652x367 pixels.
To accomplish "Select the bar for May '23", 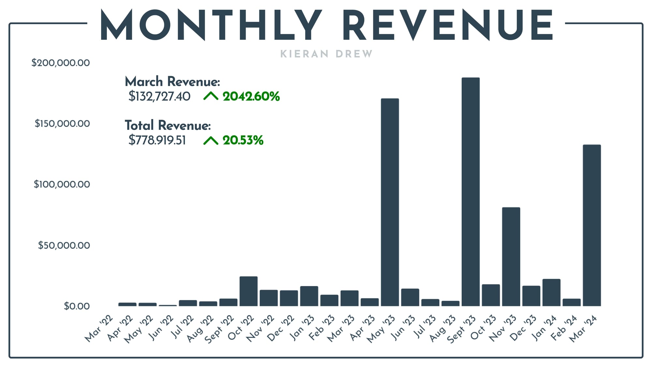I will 390,202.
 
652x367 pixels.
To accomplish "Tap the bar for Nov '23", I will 511,257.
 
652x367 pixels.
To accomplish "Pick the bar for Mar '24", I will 592,225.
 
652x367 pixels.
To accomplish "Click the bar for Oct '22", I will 248,291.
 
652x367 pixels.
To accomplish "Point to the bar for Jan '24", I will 551,293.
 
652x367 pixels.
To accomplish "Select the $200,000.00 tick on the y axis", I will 61,63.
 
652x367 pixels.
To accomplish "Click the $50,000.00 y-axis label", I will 64,245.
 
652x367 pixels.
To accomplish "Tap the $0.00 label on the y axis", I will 77,306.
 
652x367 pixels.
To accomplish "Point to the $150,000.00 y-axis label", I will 62,124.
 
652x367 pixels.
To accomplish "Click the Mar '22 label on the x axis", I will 98,329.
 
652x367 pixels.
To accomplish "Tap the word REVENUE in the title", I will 448,25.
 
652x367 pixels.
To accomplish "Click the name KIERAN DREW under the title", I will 326,54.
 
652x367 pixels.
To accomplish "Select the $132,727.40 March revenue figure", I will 159,97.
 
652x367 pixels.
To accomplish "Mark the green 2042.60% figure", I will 251,97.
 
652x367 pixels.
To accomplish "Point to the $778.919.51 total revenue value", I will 157,140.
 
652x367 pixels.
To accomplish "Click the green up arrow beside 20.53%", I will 211,141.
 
